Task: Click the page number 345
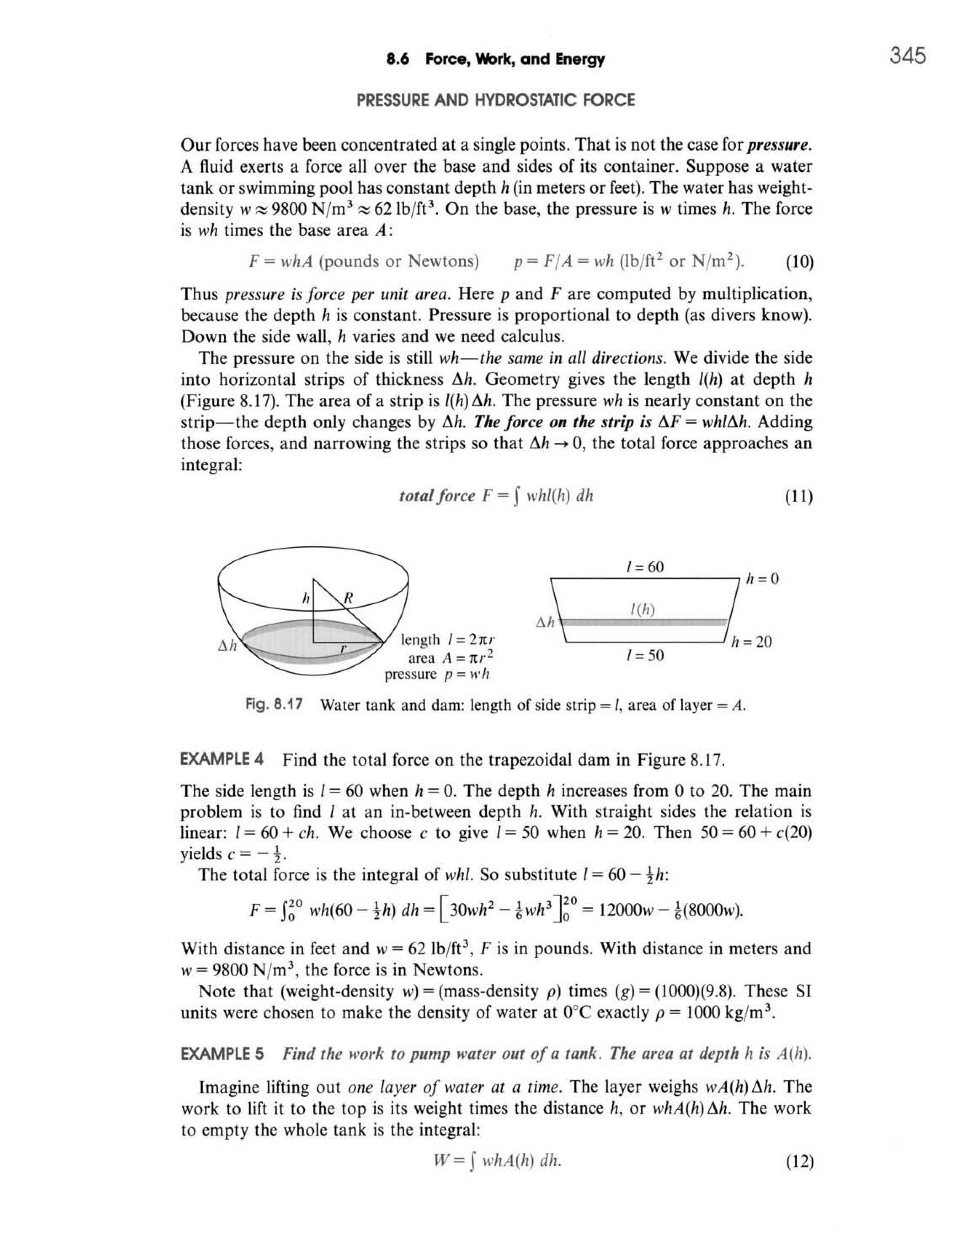click(x=907, y=57)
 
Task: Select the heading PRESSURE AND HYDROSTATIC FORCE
click(x=496, y=101)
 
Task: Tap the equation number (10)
click(x=799, y=263)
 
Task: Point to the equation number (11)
click(x=799, y=496)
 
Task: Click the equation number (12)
click(x=799, y=1161)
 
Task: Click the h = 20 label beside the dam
click(x=752, y=642)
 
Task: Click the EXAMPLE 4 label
click(x=222, y=760)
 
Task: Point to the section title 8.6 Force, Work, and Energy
click(x=496, y=59)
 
